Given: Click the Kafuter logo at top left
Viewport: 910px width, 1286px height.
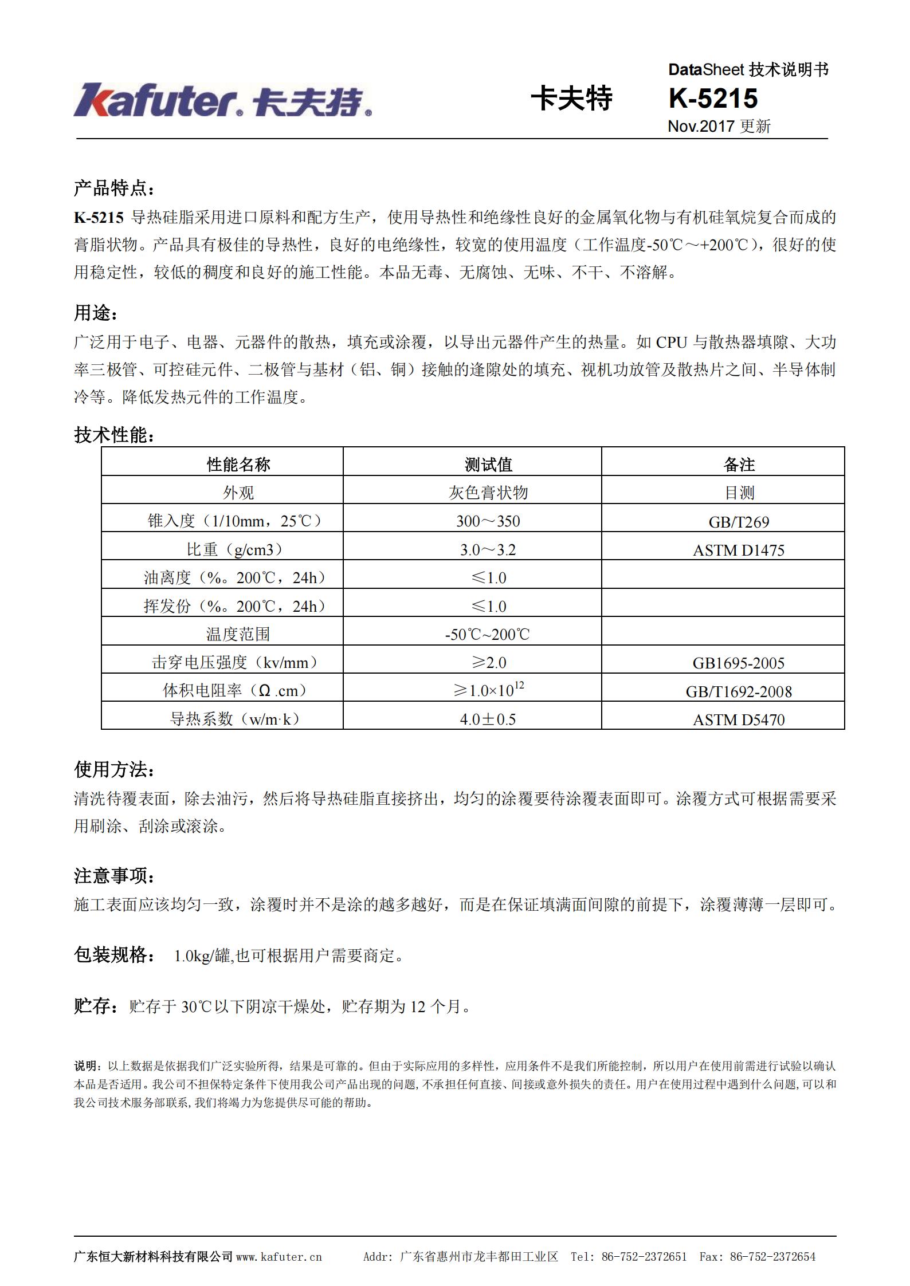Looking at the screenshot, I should pos(222,101).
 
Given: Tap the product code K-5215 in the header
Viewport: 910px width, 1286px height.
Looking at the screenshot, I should pos(713,99).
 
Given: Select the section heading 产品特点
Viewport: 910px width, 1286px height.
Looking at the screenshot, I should pos(113,188).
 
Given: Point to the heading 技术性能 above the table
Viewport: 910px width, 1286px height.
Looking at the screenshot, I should pos(113,435).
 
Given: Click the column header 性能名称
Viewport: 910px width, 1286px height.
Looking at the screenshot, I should pos(238,465).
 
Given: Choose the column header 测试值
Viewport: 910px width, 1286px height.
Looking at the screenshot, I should pos(488,465).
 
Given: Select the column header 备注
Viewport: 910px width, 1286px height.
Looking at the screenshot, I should pos(739,465).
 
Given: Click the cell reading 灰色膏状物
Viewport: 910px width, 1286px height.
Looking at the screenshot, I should pos(488,493).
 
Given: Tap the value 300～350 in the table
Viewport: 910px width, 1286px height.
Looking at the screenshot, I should pos(488,521).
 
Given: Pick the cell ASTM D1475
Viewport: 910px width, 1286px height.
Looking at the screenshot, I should pos(739,550).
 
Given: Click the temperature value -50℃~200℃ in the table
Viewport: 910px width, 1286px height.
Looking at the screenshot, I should pos(488,634).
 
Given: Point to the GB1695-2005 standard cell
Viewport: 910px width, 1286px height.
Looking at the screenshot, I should pos(739,663).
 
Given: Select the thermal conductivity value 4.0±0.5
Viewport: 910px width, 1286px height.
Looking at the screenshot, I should pos(488,719).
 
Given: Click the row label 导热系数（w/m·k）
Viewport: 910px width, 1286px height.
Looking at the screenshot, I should pos(235,719).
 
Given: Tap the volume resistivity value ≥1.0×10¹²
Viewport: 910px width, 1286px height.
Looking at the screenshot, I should pos(488,690).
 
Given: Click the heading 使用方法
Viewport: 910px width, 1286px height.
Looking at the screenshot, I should pos(113,770).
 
